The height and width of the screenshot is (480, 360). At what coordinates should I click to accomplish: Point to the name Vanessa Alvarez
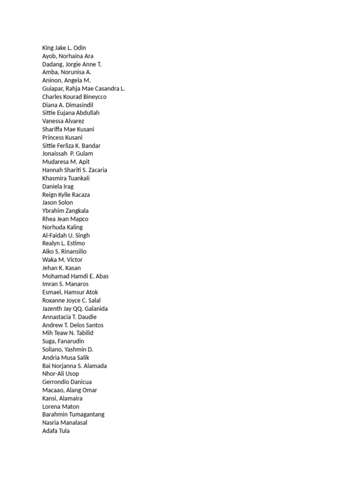pyautogui.click(x=63, y=121)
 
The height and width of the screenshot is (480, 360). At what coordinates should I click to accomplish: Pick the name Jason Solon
pyautogui.click(x=57, y=202)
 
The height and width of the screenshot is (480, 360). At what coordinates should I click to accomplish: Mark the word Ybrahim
pyautogui.click(x=53, y=211)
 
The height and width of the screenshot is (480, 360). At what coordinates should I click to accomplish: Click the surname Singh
pyautogui.click(x=82, y=235)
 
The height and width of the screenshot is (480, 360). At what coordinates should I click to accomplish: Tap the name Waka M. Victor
pyautogui.click(x=62, y=260)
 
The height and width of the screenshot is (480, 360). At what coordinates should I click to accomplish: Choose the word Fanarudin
pyautogui.click(x=70, y=341)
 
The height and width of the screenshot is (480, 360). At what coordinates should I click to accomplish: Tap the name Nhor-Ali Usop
pyautogui.click(x=60, y=374)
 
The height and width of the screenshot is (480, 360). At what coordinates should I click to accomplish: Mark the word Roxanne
pyautogui.click(x=54, y=300)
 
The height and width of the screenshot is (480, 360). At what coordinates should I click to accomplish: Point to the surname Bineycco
pyautogui.click(x=91, y=97)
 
